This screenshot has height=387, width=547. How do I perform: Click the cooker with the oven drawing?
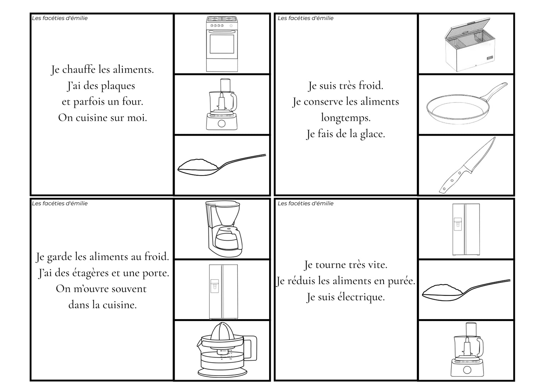[x=222, y=44]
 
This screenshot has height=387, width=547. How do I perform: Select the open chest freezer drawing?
[x=470, y=44]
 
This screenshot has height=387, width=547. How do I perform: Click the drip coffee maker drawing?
[x=224, y=229]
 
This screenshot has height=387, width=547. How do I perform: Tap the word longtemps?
[x=346, y=118]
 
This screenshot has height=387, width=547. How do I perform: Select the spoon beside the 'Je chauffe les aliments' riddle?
[x=221, y=165]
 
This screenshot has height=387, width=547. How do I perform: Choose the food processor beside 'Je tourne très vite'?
[x=467, y=349]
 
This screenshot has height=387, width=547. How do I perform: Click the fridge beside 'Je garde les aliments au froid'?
[x=223, y=292]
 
